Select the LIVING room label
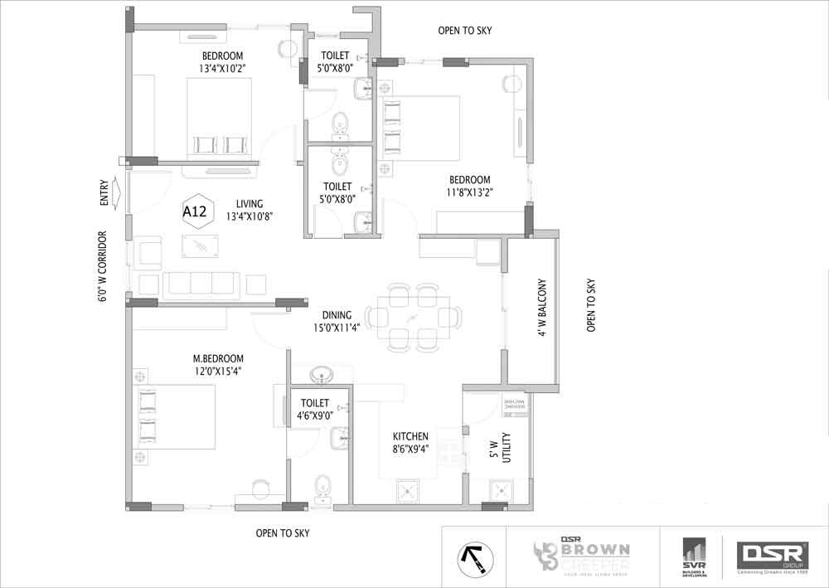point(249,203)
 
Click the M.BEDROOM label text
point(218,358)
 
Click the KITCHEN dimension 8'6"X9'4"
point(411,449)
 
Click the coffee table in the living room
point(201,244)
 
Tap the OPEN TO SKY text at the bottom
point(283,533)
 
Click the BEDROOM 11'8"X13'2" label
point(470,186)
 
